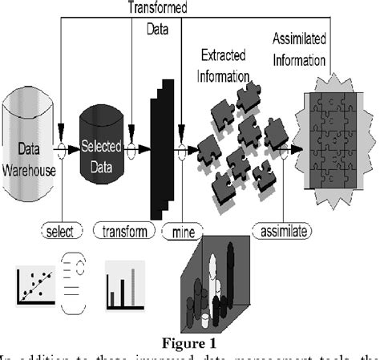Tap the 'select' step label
coord(61,233)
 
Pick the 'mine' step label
coord(180,233)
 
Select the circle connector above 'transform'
coord(132,147)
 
